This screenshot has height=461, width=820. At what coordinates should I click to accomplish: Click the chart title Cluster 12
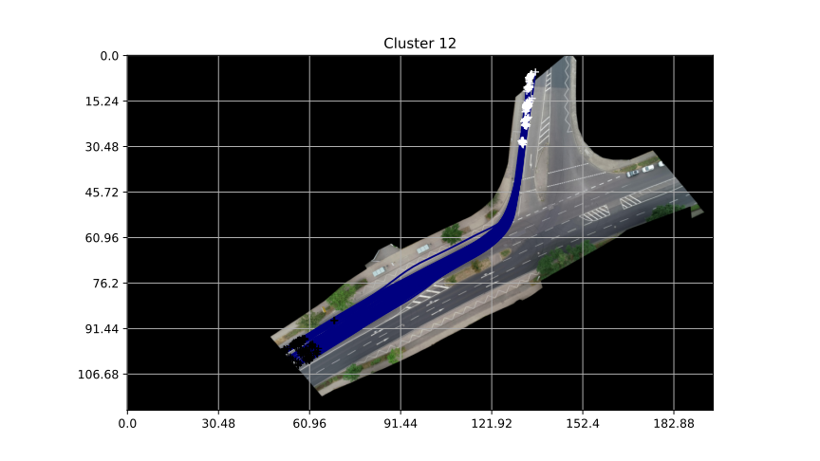tap(419, 44)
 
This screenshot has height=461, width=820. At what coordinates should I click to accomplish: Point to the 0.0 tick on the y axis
tap(110, 56)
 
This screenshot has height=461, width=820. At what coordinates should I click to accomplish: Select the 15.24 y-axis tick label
tap(102, 101)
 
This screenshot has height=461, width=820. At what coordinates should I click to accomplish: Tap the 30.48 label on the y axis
tap(102, 147)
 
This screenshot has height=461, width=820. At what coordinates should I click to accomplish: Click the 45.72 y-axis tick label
tap(102, 193)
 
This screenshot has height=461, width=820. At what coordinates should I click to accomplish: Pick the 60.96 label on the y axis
tap(102, 238)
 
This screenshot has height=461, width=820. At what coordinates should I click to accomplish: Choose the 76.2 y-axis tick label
tap(105, 284)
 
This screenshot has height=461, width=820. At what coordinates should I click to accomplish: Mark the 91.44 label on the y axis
tap(102, 329)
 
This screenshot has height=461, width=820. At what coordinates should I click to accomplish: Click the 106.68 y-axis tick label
tap(99, 375)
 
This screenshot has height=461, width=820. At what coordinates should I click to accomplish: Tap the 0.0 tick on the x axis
tap(127, 423)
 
